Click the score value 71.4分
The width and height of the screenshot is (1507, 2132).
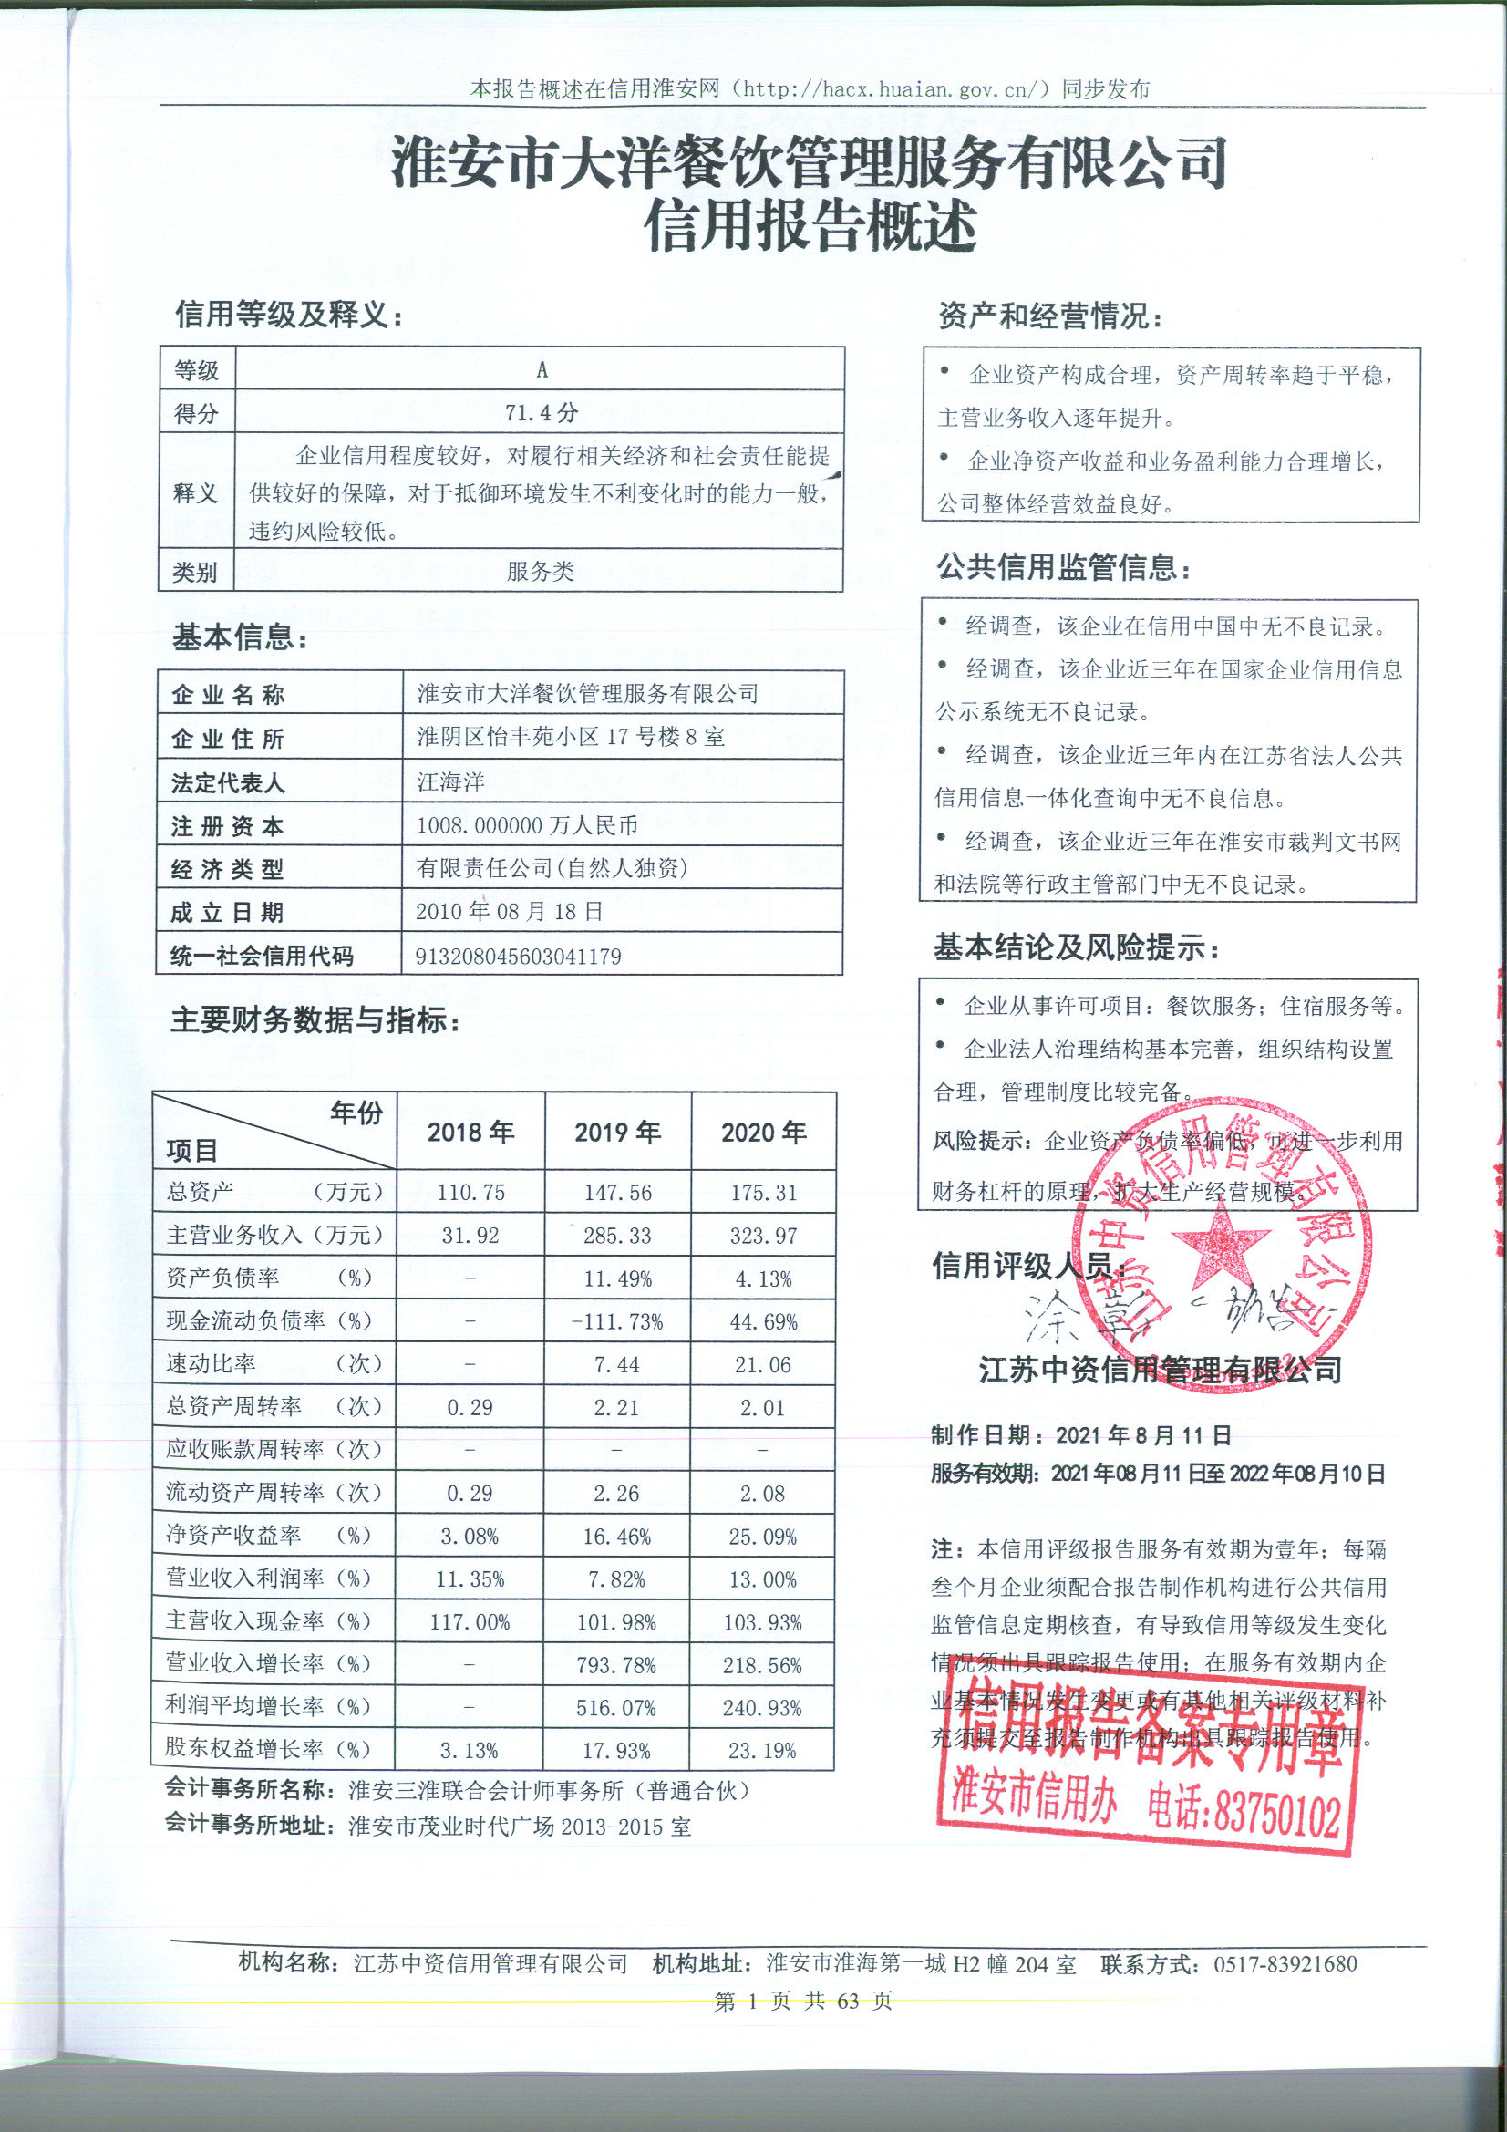point(541,412)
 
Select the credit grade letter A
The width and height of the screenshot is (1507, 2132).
point(542,369)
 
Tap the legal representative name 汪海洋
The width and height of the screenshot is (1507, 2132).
point(450,781)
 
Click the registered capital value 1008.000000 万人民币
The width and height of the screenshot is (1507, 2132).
point(526,824)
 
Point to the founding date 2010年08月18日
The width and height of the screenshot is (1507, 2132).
point(509,911)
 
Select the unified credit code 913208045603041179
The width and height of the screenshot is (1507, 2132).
point(517,957)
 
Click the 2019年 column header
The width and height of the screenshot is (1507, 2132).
point(617,1132)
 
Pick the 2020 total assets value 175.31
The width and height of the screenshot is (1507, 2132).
point(763,1192)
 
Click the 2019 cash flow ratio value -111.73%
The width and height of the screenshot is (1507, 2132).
point(617,1321)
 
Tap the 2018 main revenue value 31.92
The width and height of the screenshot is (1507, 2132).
point(470,1236)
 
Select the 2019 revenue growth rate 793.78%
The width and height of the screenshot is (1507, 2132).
point(616,1666)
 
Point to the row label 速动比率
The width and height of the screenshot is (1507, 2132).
point(211,1363)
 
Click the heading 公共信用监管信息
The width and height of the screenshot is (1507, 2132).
point(1063,566)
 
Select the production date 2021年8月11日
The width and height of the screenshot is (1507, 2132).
point(1143,1435)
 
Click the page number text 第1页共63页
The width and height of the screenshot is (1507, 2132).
point(803,2001)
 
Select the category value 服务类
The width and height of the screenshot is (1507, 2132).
point(541,571)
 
